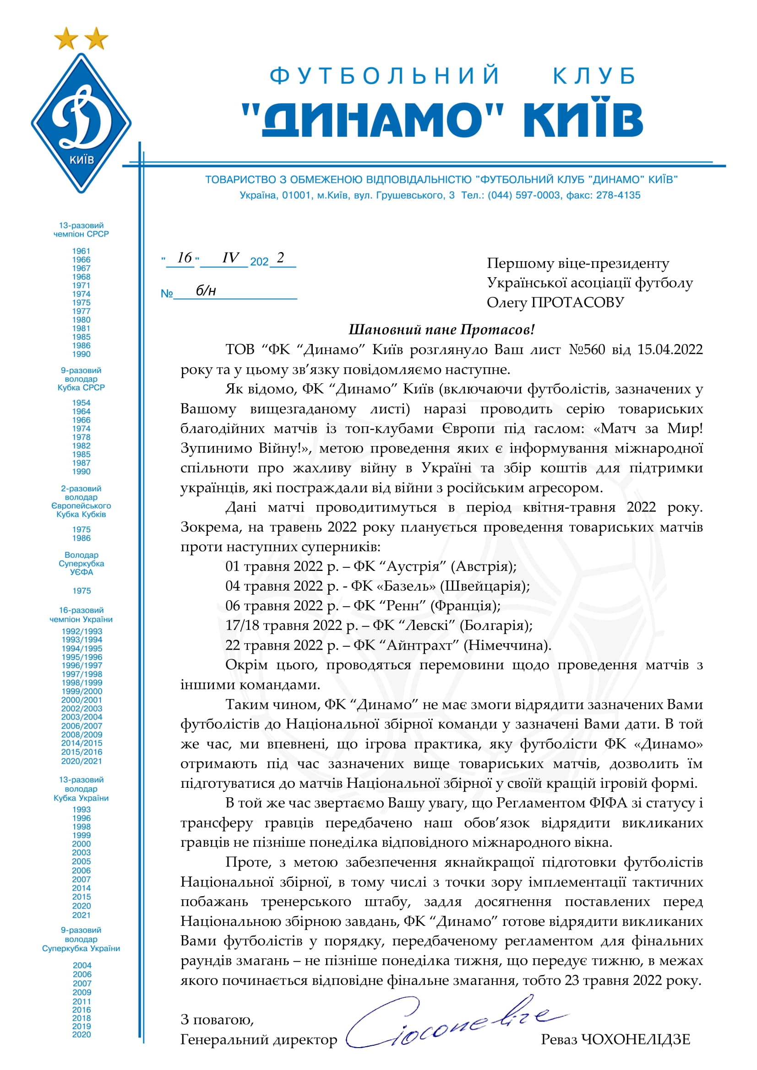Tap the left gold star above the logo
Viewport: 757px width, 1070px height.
(x=66, y=38)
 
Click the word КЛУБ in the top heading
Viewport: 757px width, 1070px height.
(x=594, y=76)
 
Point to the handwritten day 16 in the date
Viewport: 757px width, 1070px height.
(x=184, y=258)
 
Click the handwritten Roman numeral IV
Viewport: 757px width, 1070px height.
(x=230, y=258)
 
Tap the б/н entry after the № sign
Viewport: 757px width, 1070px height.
(x=206, y=291)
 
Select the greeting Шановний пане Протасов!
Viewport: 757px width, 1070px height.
(x=441, y=329)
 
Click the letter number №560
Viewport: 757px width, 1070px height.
(x=587, y=349)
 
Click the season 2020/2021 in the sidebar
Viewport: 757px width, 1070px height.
(x=82, y=761)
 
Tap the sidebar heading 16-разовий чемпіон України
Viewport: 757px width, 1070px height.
(x=81, y=615)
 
